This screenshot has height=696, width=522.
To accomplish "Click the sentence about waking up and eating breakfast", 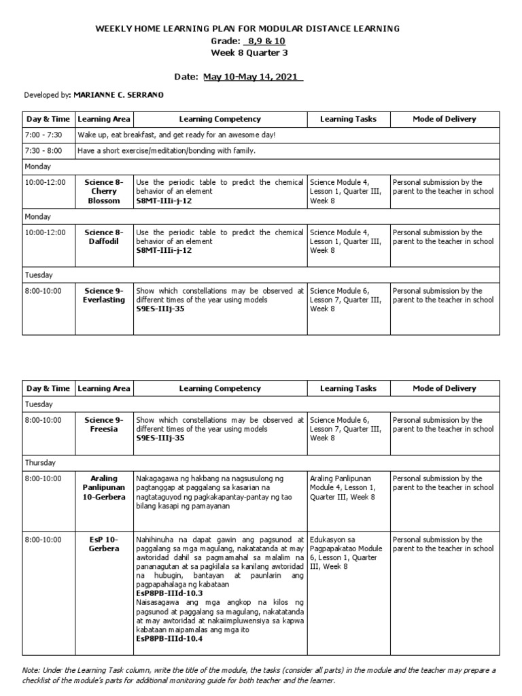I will (176, 135).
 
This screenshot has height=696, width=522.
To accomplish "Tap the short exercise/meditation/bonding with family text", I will (167, 150).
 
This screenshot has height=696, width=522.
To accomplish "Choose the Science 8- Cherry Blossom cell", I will (103, 191).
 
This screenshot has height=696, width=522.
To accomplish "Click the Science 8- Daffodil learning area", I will (103, 237).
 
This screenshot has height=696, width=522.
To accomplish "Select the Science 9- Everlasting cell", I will (103, 295).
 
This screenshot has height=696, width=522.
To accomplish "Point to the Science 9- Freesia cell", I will (103, 424).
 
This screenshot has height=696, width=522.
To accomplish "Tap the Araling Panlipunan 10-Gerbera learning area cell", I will (103, 487).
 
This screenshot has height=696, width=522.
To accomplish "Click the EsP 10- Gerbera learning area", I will (103, 544).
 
